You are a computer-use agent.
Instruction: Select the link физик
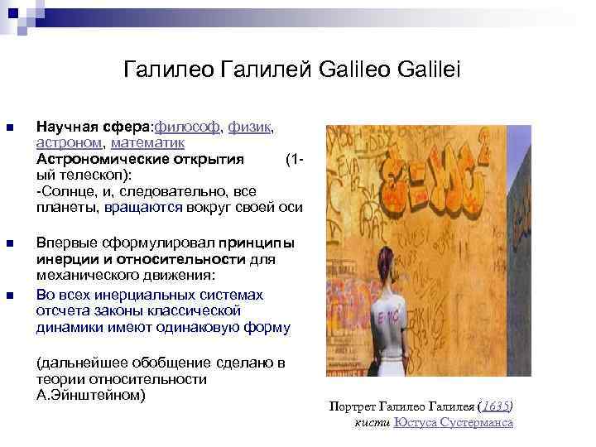250,127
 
